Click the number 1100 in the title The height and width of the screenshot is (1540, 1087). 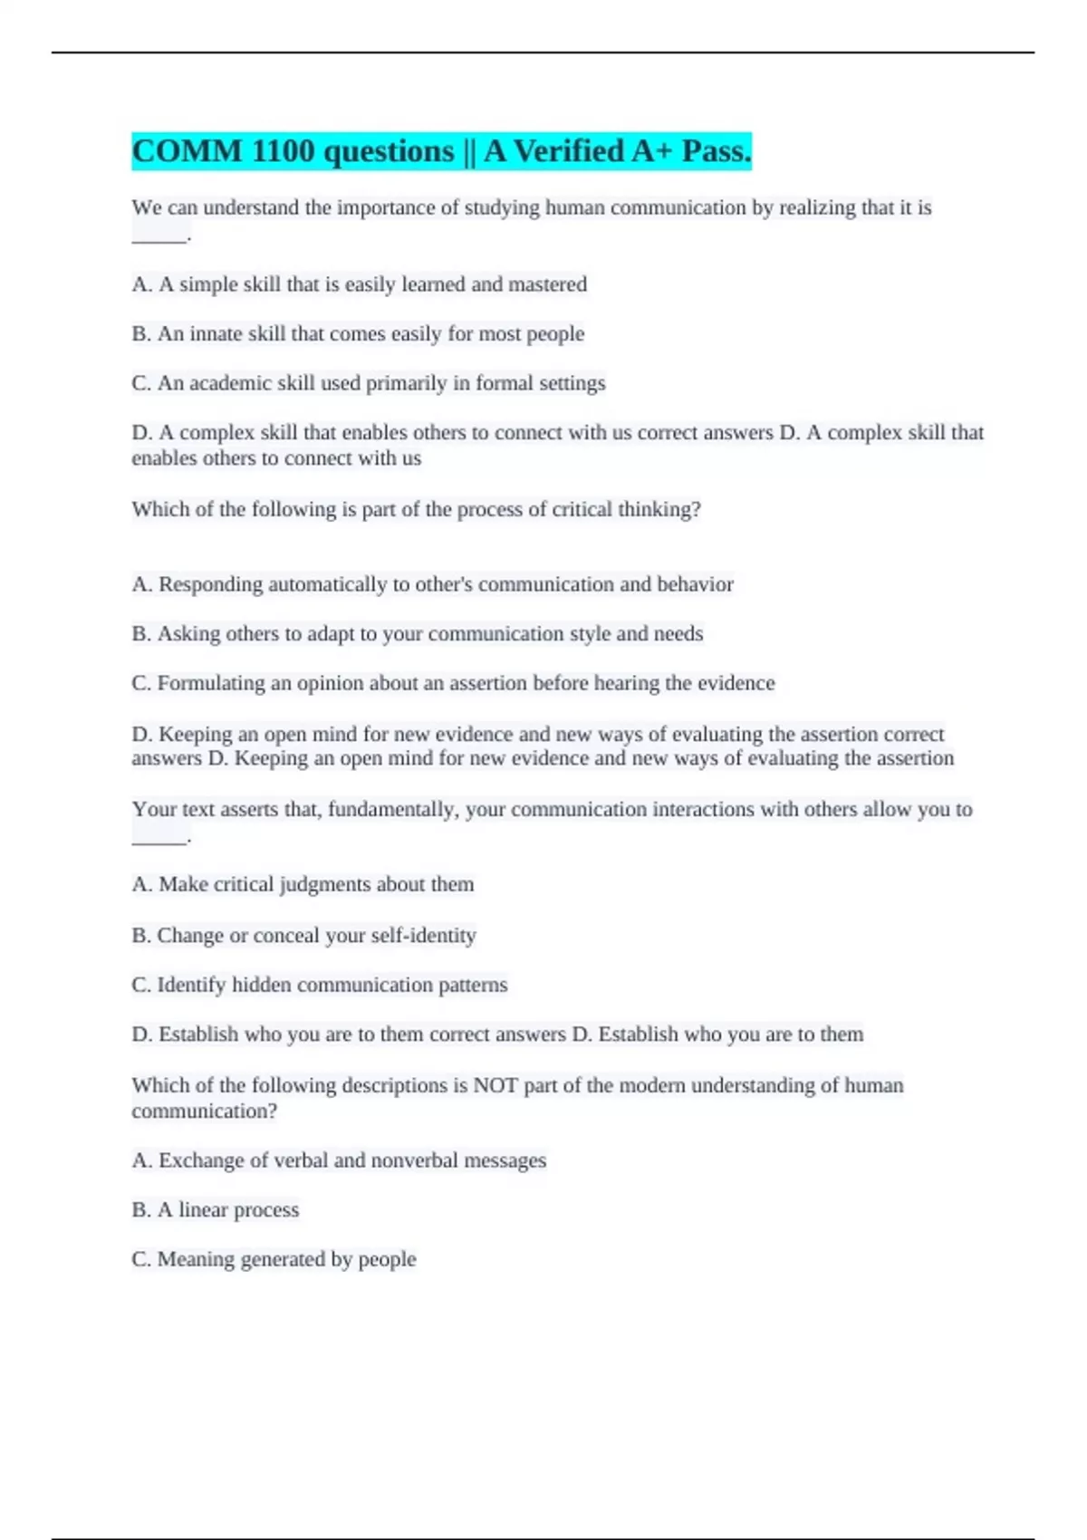[x=284, y=151]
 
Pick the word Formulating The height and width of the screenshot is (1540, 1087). [x=211, y=683]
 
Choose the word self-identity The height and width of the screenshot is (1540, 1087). [x=423, y=935]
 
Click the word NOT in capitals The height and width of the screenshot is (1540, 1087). [x=495, y=1085]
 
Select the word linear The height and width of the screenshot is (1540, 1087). [x=203, y=1210]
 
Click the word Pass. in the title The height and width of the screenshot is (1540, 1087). [x=716, y=151]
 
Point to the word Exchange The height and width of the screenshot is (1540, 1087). [x=201, y=1160]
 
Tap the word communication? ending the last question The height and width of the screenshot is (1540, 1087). [x=204, y=1111]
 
